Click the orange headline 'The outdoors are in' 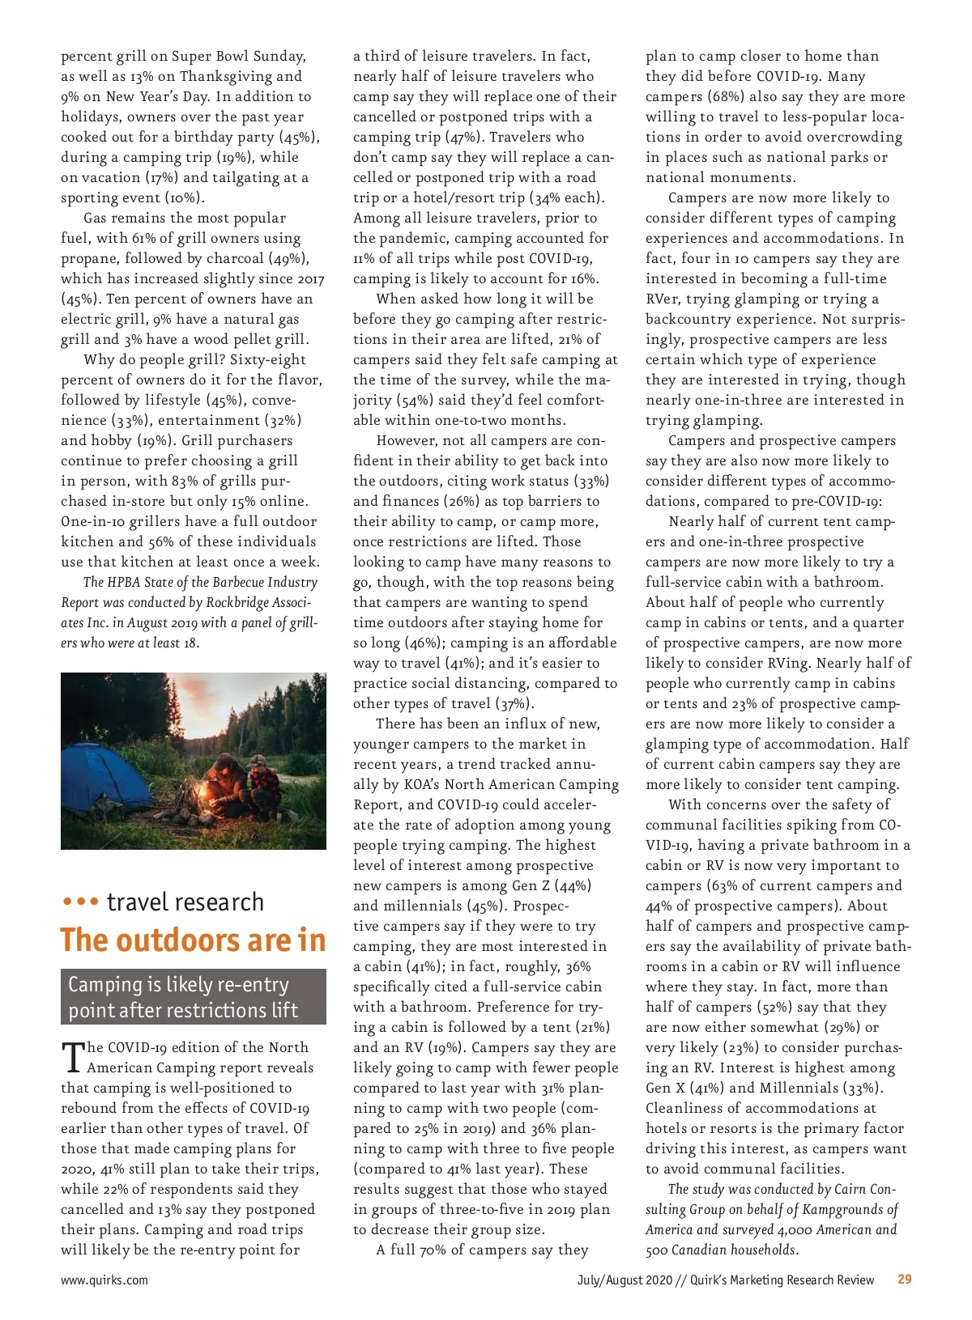193,940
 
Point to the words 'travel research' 185,902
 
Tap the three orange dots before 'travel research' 80,902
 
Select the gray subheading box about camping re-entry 193,997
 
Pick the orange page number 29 905,1280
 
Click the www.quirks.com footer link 104,1280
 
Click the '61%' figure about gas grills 143,238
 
